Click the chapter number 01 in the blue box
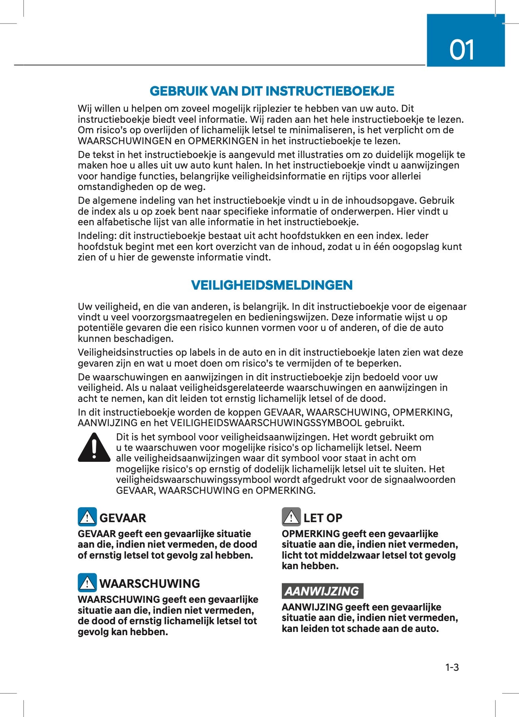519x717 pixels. point(462,50)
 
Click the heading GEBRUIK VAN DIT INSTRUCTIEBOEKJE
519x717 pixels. point(272,91)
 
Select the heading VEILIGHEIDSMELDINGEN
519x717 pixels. point(272,285)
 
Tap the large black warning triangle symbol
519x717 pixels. point(94,448)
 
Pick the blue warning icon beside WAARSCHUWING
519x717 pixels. point(87,583)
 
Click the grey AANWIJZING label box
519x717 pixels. point(322,591)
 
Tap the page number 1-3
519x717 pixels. point(452,668)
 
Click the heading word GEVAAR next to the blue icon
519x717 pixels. point(123,518)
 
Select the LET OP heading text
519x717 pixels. point(323,518)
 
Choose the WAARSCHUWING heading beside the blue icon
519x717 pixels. point(150,584)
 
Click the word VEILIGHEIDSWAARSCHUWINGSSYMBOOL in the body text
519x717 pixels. point(266,423)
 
